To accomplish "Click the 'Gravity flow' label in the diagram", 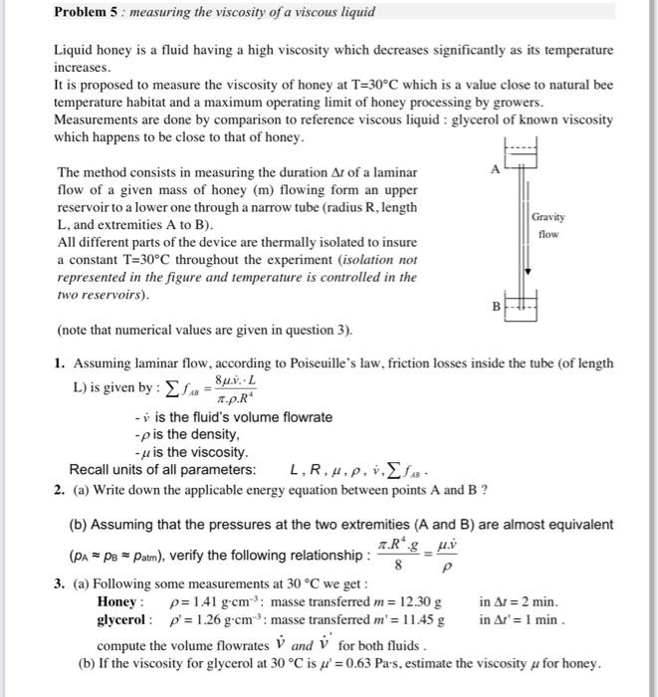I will pyautogui.click(x=548, y=225).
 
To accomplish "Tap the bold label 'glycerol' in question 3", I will pyautogui.click(x=124, y=619).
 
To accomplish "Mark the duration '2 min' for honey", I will pyautogui.click(x=537, y=602).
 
